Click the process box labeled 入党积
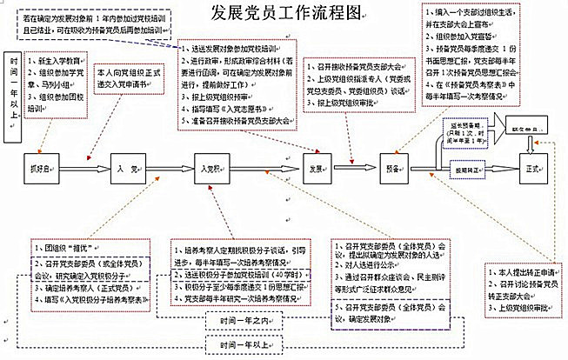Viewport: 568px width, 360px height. (x=210, y=169)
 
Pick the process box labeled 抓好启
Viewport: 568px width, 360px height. (x=50, y=169)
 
